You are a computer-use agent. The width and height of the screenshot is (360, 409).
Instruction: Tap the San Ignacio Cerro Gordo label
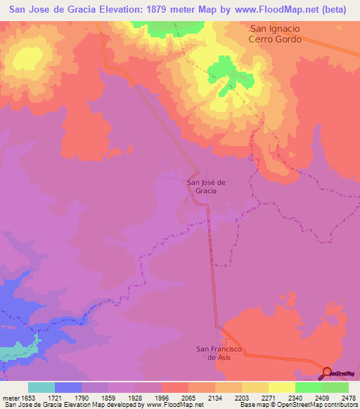pos(276,34)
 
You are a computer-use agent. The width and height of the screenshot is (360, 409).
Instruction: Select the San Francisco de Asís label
pos(219,353)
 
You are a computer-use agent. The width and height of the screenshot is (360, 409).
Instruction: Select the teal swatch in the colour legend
pos(41,388)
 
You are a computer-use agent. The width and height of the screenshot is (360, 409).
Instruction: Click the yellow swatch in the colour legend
pos(282,388)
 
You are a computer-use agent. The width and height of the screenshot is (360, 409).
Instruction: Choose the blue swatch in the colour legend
pos(68,388)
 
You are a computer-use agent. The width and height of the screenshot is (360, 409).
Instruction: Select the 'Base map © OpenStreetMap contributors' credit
pos(297,405)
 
